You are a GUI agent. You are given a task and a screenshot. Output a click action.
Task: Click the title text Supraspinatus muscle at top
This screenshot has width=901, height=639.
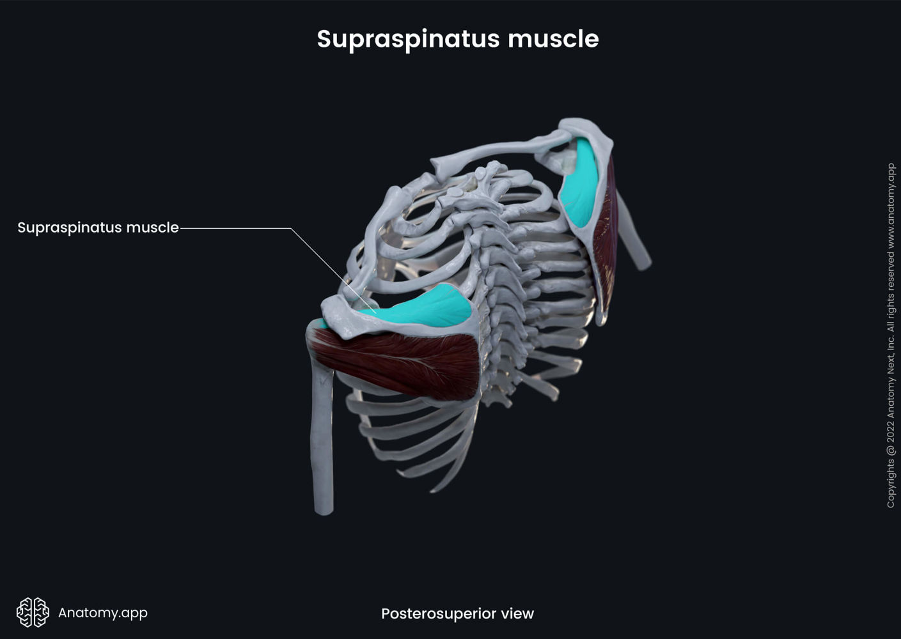[458, 39]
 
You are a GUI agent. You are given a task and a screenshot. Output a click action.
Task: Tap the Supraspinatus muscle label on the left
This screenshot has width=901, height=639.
[98, 227]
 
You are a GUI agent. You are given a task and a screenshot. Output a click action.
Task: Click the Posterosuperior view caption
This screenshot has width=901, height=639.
[457, 613]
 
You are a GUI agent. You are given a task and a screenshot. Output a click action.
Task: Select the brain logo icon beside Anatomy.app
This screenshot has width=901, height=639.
[33, 612]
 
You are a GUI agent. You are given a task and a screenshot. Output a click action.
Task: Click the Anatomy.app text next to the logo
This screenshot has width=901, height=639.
[103, 612]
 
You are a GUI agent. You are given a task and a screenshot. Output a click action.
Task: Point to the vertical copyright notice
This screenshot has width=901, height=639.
[891, 335]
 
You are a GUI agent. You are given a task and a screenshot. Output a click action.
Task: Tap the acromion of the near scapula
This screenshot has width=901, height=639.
[339, 313]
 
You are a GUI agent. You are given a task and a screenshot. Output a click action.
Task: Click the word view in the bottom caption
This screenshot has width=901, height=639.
[517, 613]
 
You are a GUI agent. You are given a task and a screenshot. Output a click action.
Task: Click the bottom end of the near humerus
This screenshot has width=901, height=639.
[324, 509]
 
